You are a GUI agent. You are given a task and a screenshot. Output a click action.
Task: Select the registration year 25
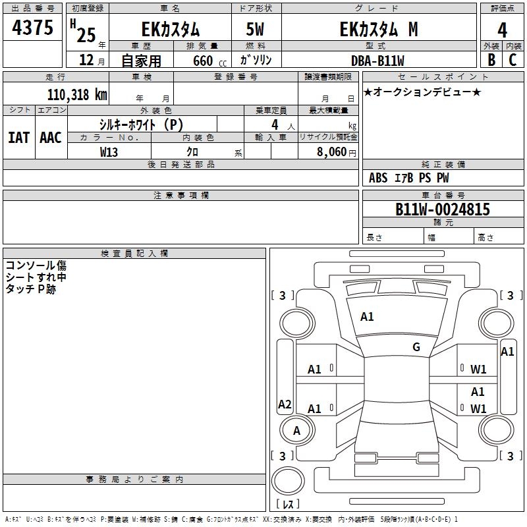tap(86, 32)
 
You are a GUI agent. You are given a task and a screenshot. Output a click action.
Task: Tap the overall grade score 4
tap(502, 30)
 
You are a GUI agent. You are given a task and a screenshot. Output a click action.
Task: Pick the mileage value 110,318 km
tap(77, 95)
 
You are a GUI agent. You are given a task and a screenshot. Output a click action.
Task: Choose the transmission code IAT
tap(18, 138)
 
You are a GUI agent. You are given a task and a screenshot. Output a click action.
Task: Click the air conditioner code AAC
tap(50, 138)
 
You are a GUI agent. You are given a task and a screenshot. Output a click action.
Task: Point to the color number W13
tap(109, 152)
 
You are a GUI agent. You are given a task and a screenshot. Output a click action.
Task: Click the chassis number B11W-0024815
tap(442, 209)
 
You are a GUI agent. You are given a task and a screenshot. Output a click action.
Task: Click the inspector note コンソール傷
tap(36, 266)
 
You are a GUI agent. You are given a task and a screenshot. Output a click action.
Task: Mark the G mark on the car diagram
tap(416, 347)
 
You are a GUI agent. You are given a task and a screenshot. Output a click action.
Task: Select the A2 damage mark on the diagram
tap(285, 404)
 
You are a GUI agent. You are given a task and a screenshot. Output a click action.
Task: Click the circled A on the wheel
tap(296, 431)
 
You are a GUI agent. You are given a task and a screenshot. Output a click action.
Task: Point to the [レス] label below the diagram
tap(291, 505)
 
